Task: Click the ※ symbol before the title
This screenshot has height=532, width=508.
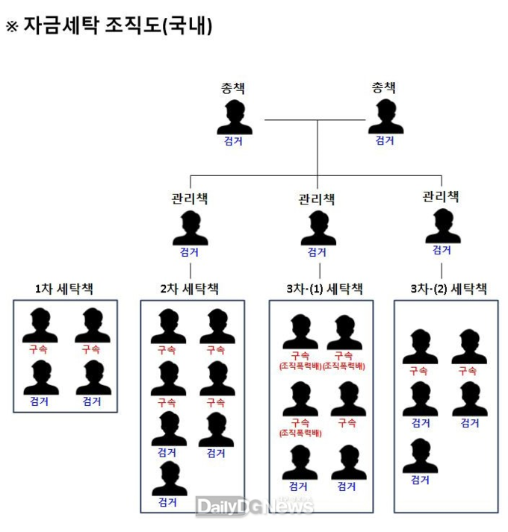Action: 11,27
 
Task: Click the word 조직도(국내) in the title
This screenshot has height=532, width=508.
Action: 171,27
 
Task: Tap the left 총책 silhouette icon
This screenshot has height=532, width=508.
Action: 234,117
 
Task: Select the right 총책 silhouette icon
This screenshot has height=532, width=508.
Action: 385,117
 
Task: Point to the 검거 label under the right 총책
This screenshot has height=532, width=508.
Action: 385,140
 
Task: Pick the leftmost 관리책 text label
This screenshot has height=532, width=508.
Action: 190,198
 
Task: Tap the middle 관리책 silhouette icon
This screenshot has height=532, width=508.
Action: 318,228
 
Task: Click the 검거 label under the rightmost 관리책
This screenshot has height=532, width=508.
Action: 442,250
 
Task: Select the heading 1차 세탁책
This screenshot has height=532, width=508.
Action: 65,288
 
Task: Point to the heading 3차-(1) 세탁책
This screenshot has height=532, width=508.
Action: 320,288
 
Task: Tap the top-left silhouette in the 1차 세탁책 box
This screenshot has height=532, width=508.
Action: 40,325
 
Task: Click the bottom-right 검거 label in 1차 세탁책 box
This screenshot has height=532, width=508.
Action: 92,401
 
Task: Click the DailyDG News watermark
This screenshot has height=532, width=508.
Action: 255,507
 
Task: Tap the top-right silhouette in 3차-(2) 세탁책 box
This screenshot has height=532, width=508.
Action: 469,346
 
